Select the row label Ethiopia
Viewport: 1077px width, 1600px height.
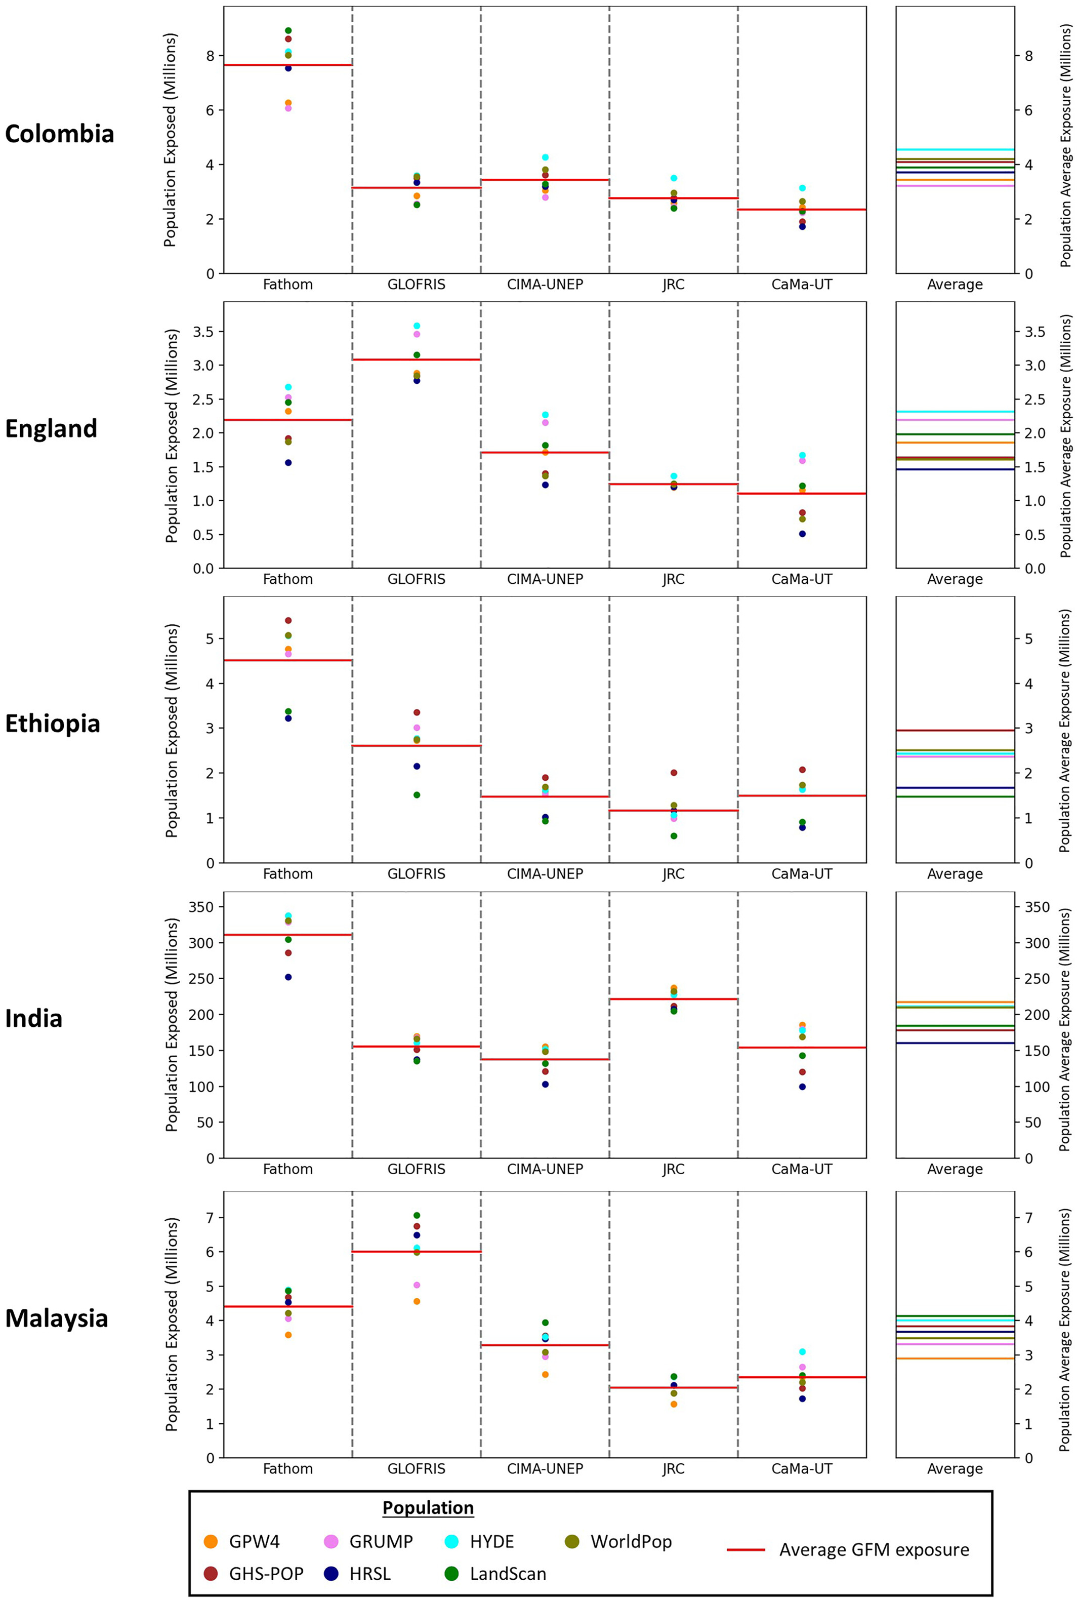coord(52,724)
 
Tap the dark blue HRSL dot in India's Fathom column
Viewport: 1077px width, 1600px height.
coord(288,977)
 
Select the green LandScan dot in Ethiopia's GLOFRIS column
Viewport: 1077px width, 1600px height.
coord(416,795)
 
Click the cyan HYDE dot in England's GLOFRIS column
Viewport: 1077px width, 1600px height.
coord(416,326)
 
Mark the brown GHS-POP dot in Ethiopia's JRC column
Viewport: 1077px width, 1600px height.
coord(674,773)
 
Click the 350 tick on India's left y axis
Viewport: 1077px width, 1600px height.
coord(200,907)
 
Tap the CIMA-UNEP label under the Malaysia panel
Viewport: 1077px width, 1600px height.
coord(545,1469)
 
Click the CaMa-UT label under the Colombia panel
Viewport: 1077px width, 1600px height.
coord(802,285)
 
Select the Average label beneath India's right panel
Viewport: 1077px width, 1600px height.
coord(955,1169)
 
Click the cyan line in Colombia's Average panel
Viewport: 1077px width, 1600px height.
coord(955,149)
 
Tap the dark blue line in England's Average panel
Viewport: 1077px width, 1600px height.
coord(955,469)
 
